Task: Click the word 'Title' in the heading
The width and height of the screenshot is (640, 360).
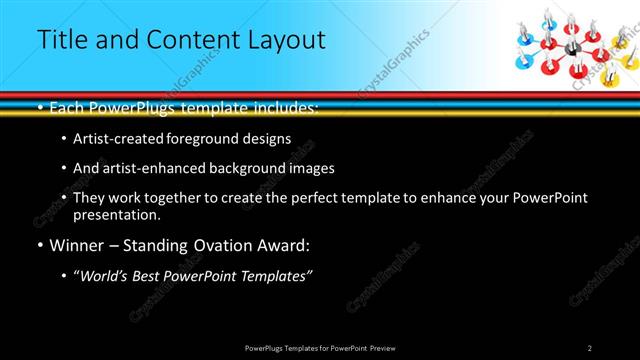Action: tap(60, 40)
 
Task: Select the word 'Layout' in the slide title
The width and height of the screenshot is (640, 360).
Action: tap(279, 40)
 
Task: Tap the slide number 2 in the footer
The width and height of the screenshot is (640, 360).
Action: tap(589, 347)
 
